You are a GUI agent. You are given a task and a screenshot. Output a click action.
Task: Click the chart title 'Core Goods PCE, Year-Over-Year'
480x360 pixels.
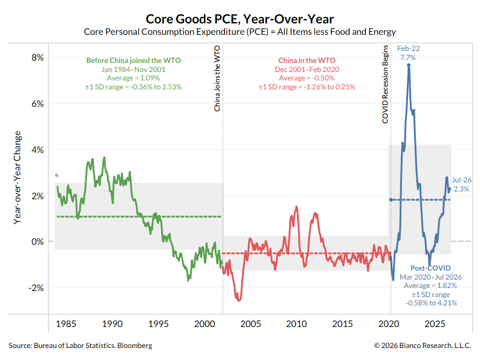(x=239, y=19)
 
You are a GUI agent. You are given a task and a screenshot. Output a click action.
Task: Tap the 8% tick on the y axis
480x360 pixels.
(x=38, y=58)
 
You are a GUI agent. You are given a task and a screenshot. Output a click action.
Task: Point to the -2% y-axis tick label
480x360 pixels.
(x=36, y=288)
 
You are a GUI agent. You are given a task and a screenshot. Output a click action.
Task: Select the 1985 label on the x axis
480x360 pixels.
(x=66, y=324)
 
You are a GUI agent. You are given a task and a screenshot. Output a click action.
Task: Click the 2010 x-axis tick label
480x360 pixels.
(x=296, y=324)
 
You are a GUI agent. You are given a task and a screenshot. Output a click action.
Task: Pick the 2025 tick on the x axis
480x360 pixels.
(x=434, y=324)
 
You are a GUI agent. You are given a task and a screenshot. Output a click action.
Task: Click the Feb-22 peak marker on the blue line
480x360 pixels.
(x=409, y=65)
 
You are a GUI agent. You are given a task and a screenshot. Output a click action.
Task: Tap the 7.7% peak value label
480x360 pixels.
(x=408, y=58)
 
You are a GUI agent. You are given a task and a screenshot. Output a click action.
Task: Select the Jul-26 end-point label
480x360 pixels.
(x=461, y=180)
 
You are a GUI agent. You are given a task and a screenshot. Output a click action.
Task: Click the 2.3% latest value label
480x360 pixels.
(x=461, y=189)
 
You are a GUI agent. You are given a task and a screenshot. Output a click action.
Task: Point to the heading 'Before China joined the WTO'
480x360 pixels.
(x=133, y=61)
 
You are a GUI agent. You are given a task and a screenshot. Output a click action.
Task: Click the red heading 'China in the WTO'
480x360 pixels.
(x=307, y=61)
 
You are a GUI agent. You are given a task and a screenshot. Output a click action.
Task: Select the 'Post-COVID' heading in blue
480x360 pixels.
(x=430, y=268)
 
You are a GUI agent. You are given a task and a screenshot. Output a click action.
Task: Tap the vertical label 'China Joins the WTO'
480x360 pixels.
(x=217, y=79)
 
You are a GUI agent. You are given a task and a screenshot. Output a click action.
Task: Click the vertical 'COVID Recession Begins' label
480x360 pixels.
(x=385, y=84)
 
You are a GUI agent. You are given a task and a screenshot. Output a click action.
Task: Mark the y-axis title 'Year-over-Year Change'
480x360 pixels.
(x=17, y=178)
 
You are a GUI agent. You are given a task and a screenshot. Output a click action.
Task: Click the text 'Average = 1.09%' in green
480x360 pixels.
(x=133, y=78)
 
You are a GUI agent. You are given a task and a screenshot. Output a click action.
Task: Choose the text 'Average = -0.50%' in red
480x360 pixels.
(x=307, y=78)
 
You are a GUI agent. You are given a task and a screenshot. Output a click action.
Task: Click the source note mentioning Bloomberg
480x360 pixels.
(x=80, y=346)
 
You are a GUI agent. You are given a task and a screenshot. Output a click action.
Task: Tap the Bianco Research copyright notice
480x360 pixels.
(x=422, y=346)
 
